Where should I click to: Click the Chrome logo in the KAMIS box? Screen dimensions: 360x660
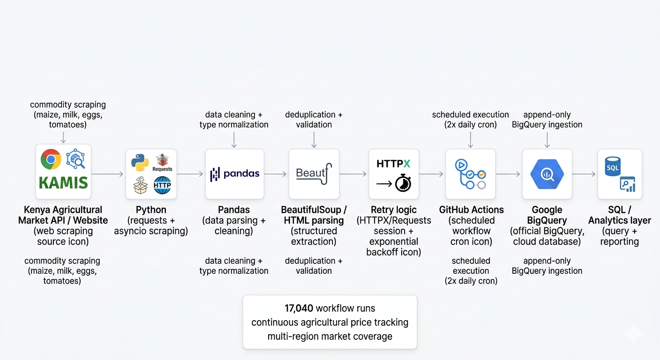[x=51, y=160]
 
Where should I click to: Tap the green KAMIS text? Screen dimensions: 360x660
[x=63, y=183]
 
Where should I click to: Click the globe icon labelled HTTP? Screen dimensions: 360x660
[x=162, y=185]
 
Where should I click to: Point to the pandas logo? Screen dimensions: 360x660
[x=234, y=174]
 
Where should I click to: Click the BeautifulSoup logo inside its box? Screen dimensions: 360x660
[x=314, y=173]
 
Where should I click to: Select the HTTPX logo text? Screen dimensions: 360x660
[x=393, y=164]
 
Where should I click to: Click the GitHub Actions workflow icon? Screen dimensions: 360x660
[x=470, y=174]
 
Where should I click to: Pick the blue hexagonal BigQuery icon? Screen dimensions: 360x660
[x=547, y=174]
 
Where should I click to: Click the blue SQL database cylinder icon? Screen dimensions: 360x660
[x=612, y=167]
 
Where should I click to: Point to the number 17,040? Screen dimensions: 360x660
[x=299, y=308]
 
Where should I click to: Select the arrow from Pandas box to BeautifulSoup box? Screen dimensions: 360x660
[x=276, y=174]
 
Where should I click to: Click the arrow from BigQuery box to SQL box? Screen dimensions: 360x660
[x=584, y=174]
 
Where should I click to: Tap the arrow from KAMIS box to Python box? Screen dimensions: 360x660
[x=108, y=174]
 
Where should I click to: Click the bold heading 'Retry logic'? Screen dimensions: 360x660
[x=393, y=210]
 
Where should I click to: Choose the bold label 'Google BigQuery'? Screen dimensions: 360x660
[x=547, y=215]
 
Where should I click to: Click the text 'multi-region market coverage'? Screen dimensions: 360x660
[x=330, y=336]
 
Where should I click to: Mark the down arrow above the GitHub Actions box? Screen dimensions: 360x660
[x=470, y=139]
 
